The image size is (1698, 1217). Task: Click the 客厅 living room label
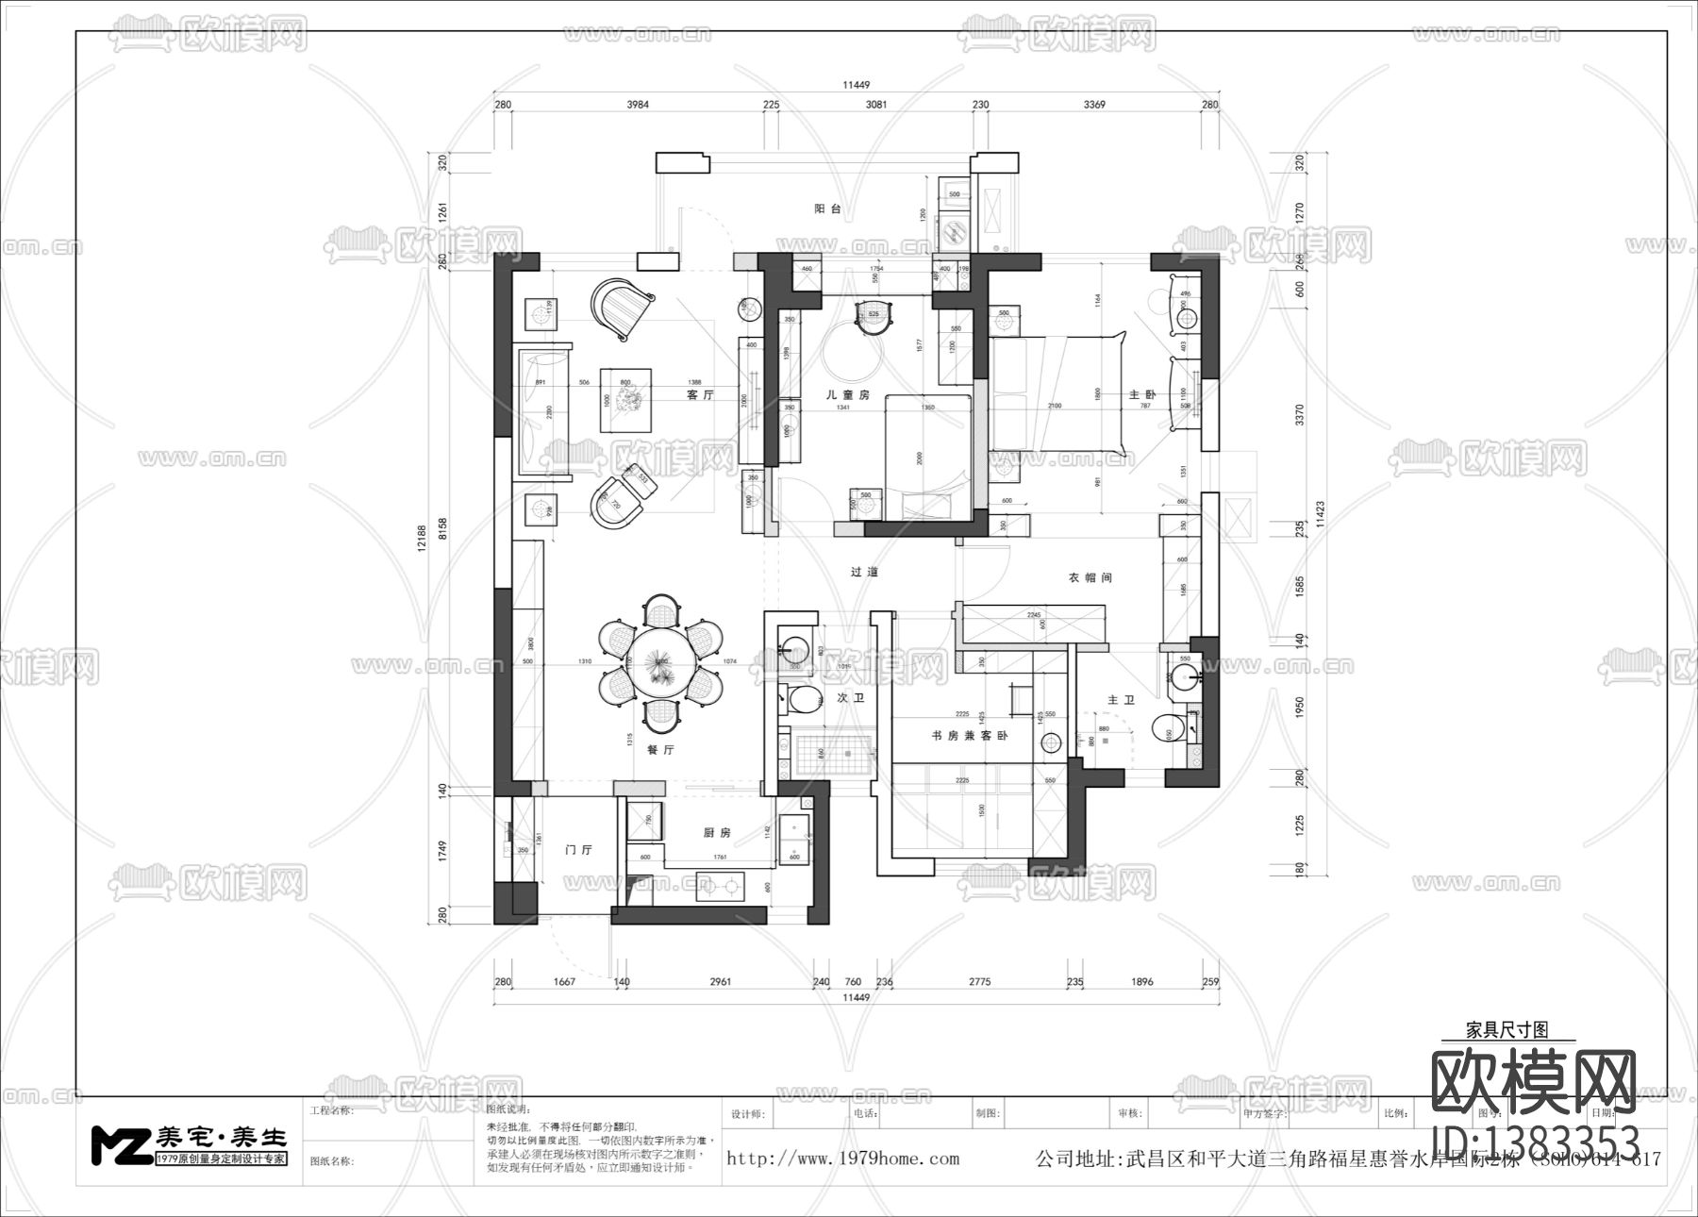point(700,394)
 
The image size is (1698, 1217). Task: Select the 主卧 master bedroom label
point(1142,394)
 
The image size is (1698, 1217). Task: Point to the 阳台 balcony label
point(828,208)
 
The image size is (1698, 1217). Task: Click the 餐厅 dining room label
point(660,750)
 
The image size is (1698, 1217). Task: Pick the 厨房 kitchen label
point(717,832)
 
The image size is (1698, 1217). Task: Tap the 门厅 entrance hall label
point(578,849)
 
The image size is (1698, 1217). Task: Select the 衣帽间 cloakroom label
point(1090,577)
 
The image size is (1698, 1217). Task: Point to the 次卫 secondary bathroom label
point(851,699)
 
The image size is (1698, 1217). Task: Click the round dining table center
point(660,664)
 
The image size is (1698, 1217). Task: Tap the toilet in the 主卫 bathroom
point(1166,731)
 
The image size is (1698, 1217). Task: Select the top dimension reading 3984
point(638,105)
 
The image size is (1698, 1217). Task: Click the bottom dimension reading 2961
point(720,982)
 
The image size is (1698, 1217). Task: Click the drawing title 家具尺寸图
point(1507,1029)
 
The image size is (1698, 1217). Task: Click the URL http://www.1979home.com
point(842,1159)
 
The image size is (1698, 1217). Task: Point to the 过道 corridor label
point(864,572)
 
